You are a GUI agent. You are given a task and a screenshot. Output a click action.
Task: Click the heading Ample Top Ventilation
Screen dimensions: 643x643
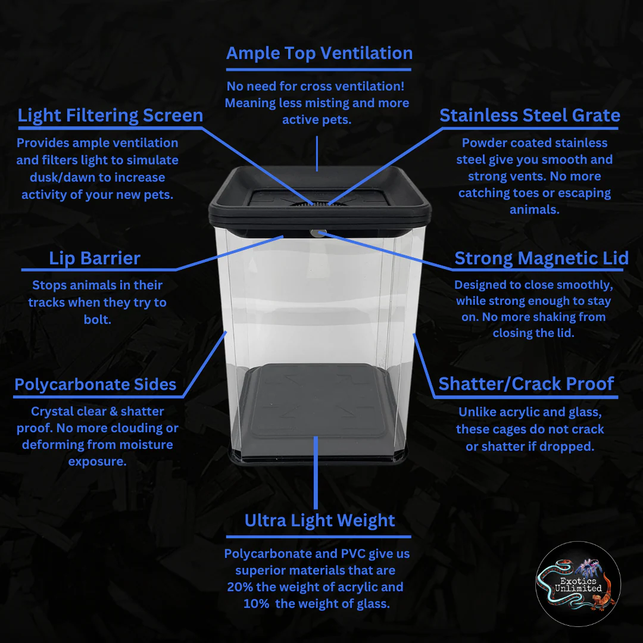tap(320, 54)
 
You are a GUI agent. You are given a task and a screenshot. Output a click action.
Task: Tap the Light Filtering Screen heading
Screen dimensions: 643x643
tap(110, 116)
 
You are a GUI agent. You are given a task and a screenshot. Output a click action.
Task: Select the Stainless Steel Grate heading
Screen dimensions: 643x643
tap(530, 116)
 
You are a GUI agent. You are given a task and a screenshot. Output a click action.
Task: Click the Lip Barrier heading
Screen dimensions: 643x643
tap(95, 258)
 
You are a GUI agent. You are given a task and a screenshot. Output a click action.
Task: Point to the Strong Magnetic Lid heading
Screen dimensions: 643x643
tap(541, 258)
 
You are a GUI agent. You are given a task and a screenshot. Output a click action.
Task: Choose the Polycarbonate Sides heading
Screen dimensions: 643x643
tap(95, 385)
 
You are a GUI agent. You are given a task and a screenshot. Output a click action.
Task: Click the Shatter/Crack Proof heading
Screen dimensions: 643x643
tap(526, 384)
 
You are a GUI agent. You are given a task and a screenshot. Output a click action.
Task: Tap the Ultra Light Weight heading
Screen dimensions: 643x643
tap(320, 521)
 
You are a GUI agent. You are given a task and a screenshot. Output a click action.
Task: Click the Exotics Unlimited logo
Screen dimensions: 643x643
tap(578, 584)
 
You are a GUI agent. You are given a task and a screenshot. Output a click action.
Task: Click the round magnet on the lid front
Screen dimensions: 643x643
tap(318, 233)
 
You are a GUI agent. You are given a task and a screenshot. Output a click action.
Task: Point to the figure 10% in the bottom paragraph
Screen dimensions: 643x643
tap(256, 604)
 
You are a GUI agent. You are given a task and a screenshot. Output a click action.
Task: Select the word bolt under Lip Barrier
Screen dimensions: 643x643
tap(98, 320)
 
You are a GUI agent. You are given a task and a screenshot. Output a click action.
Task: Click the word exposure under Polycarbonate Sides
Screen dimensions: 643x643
tap(97, 462)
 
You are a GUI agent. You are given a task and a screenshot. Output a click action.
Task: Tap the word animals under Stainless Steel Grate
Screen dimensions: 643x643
tap(534, 210)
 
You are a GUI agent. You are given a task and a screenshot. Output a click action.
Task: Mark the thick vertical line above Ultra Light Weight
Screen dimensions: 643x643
tap(316, 472)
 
